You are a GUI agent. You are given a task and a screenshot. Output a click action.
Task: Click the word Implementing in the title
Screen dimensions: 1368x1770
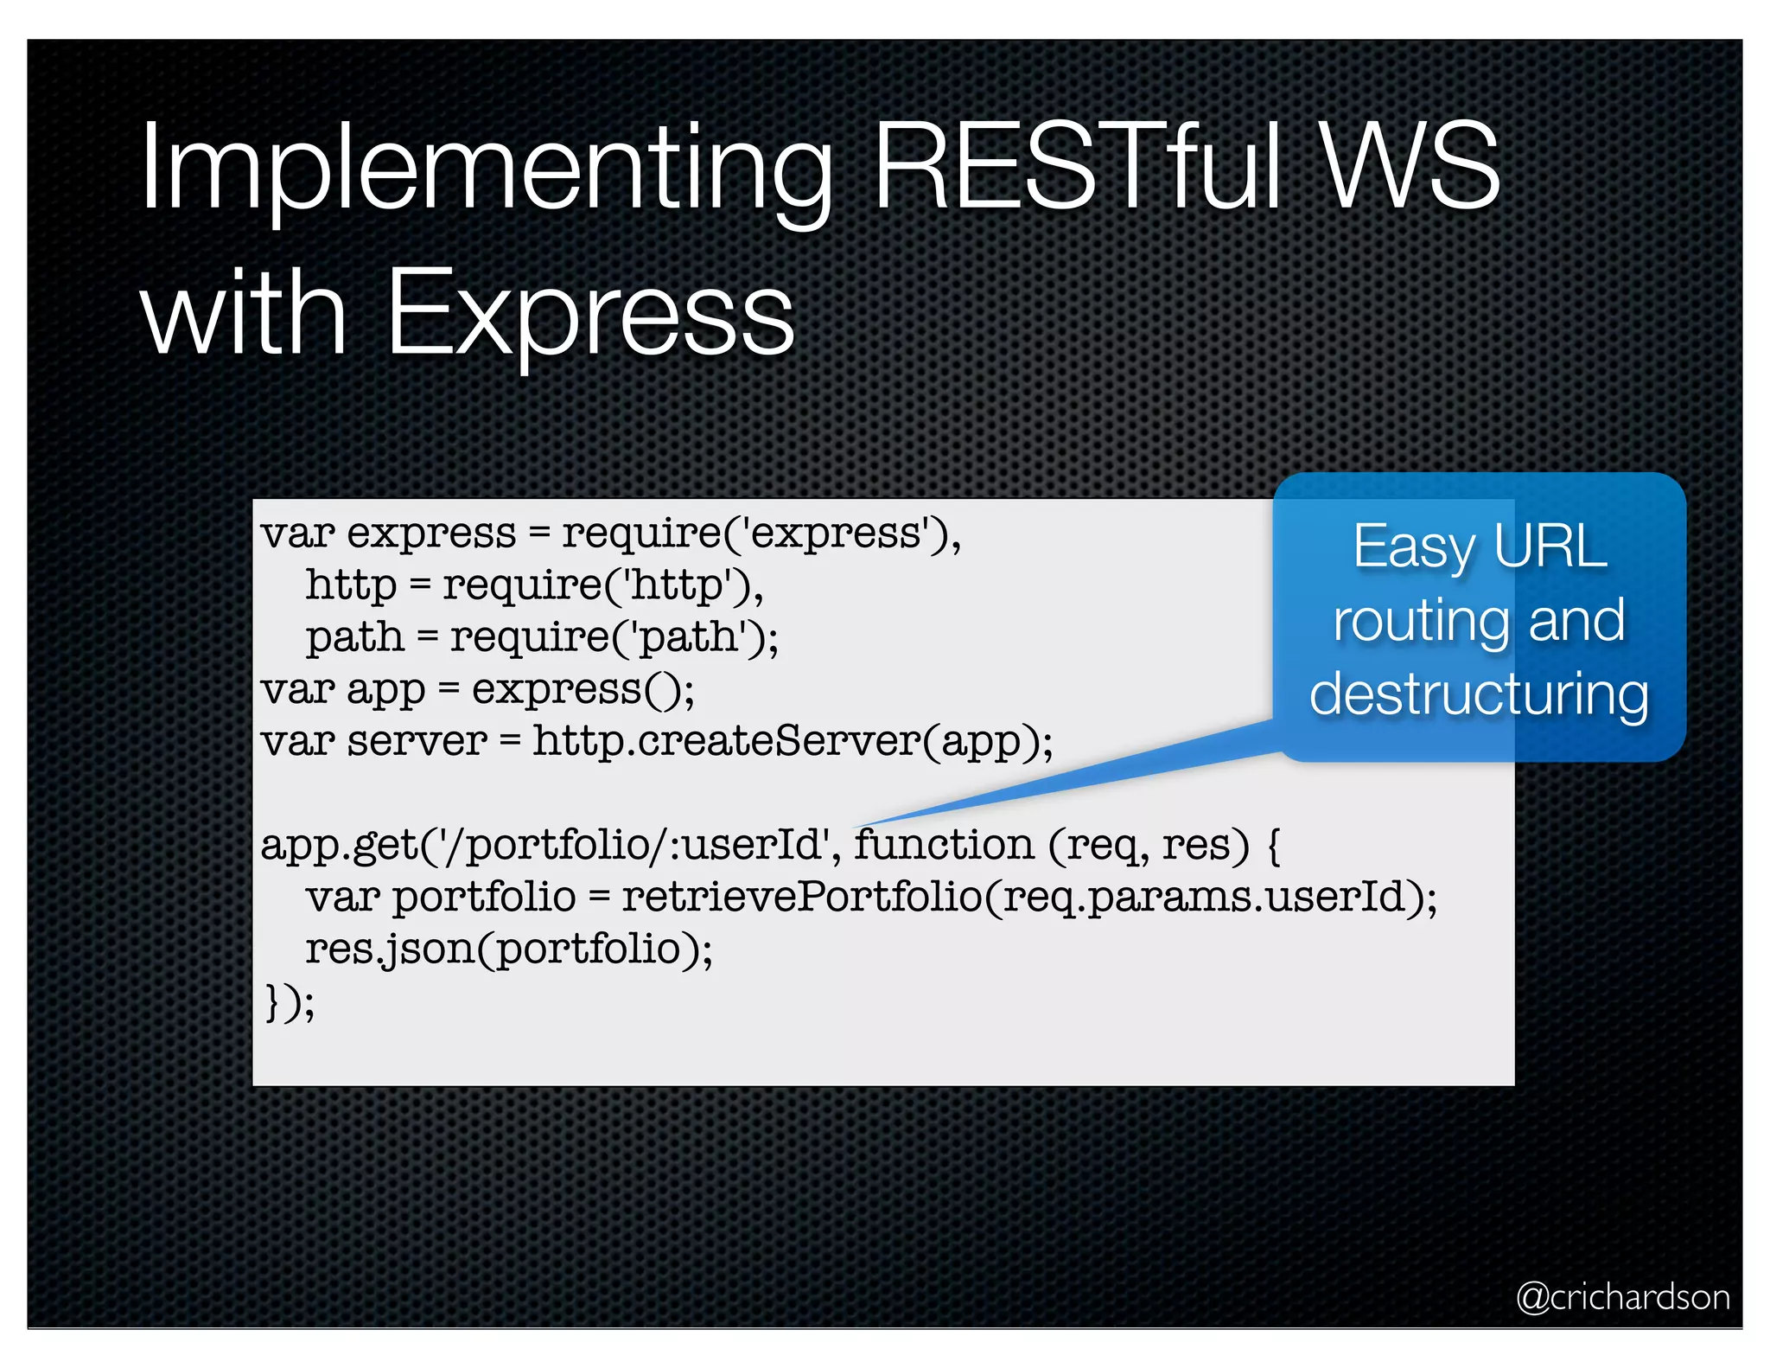pos(484,169)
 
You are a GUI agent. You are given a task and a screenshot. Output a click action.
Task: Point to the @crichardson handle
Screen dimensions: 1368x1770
pos(1623,1297)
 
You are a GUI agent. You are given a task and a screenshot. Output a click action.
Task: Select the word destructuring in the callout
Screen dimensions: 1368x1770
pos(1479,694)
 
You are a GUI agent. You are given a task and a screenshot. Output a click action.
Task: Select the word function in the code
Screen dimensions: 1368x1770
pos(944,845)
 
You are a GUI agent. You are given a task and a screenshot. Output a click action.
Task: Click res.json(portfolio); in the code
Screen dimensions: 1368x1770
pos(509,949)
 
